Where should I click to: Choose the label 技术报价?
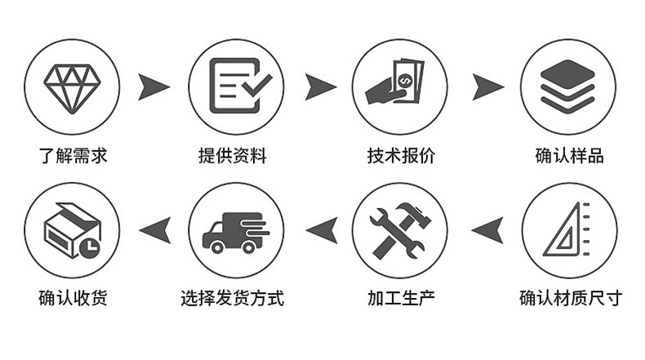tap(401, 155)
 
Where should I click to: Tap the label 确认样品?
tap(569, 155)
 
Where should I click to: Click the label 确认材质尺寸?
tap(570, 298)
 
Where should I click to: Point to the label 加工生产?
tap(401, 298)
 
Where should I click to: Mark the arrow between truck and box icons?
tap(154, 229)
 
